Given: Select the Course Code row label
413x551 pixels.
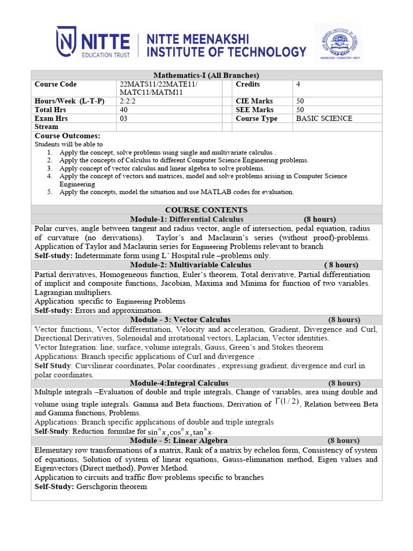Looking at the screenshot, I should coord(55,84).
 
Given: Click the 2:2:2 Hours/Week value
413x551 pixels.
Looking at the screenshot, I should coord(127,101).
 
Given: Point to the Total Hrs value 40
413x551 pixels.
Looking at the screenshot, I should coord(124,110).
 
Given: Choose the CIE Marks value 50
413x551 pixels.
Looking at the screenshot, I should coord(300,101).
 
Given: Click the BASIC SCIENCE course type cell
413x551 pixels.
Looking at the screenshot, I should coord(324,118).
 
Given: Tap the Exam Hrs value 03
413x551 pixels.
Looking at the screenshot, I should coord(124,118).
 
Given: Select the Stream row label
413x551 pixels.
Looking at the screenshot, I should coord(46,127).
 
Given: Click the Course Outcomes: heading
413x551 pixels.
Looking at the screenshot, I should coord(67,136).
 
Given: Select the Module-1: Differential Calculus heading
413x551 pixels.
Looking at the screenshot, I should coord(187,219).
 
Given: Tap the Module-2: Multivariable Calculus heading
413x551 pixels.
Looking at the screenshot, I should coord(190,265).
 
